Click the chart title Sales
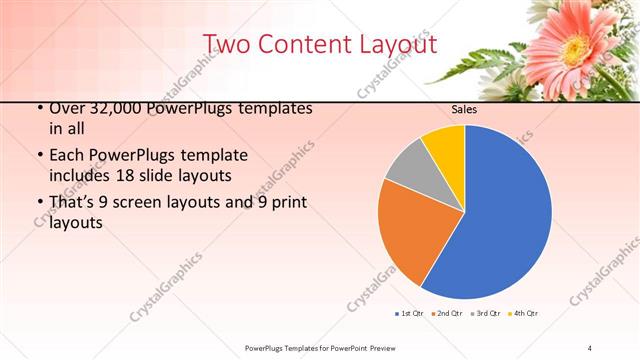(464, 110)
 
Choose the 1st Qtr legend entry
(409, 314)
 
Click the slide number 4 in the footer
(590, 347)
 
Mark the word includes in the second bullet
(80, 174)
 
